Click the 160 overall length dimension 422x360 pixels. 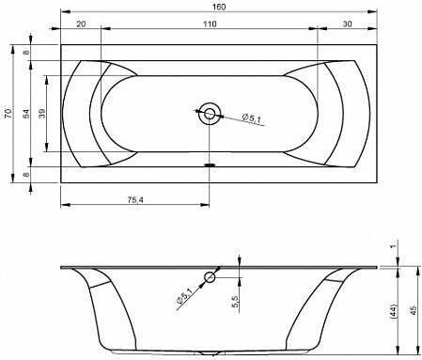tap(219, 7)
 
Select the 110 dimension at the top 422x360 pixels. tap(210, 23)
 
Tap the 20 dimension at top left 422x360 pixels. tap(81, 23)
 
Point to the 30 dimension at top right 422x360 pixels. tap(347, 23)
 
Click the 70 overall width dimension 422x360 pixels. tap(8, 113)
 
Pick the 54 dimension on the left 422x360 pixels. tap(26, 113)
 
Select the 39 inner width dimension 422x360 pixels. tap(42, 113)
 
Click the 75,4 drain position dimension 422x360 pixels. tap(135, 199)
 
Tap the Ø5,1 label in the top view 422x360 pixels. tap(252, 118)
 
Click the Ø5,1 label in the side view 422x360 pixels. tap(184, 295)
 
